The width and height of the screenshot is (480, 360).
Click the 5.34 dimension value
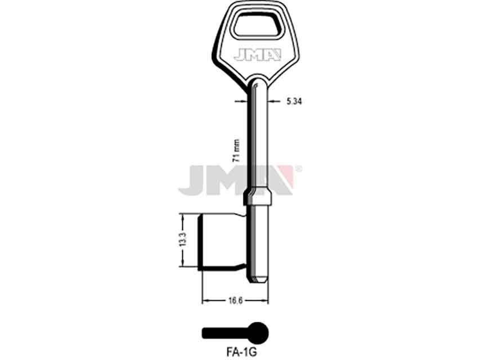click(294, 101)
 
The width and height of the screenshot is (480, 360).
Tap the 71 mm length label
click(236, 150)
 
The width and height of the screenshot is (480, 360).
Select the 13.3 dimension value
click(183, 240)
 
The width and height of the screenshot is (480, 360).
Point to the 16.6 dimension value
click(235, 300)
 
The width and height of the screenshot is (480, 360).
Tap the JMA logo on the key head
click(257, 55)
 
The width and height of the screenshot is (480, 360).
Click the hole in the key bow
click(257, 26)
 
